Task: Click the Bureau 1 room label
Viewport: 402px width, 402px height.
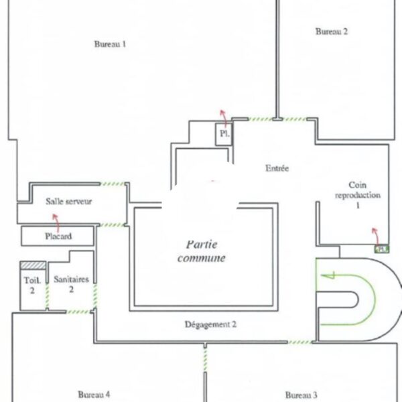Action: tap(110, 44)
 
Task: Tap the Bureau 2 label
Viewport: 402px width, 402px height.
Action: tap(332, 31)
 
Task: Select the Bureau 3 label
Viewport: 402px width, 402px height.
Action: tap(301, 395)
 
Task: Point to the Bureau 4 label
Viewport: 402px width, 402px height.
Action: tap(94, 395)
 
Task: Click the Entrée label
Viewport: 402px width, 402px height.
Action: tap(277, 168)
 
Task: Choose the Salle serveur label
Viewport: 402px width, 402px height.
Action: tap(69, 201)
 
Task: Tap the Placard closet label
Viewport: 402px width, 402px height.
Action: tap(58, 236)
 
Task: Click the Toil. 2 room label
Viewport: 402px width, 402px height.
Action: tap(32, 285)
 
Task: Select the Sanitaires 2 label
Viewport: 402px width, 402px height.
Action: tap(71, 284)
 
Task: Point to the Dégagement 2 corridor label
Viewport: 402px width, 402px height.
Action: tap(210, 324)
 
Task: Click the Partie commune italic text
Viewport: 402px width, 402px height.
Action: tap(202, 251)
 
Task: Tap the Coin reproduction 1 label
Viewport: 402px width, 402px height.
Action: tap(358, 195)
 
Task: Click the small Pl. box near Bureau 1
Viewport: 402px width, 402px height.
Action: tap(224, 134)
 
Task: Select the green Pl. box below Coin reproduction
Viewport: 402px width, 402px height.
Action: tap(382, 249)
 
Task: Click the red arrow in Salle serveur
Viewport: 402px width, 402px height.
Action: tap(57, 222)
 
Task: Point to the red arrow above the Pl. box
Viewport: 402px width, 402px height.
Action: tap(224, 118)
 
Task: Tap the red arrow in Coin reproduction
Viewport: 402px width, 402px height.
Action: tap(377, 236)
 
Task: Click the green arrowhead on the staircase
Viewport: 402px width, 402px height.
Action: tap(328, 275)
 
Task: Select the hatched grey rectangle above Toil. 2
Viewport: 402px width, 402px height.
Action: tap(33, 265)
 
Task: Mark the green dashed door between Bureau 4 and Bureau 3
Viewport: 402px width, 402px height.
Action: tap(205, 360)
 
